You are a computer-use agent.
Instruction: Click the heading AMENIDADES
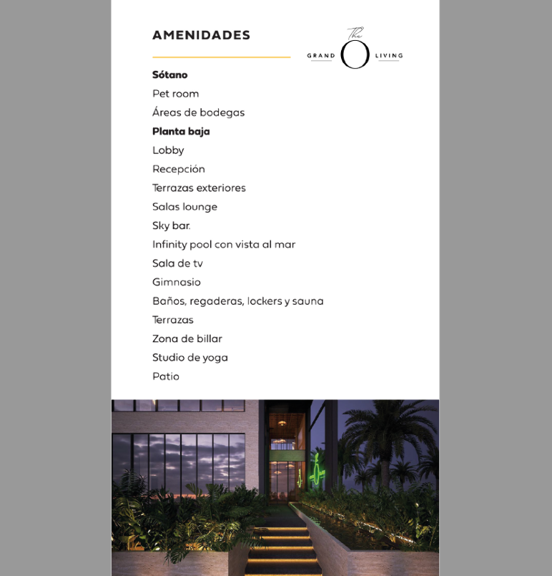click(x=201, y=35)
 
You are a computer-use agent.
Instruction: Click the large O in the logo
click(x=355, y=54)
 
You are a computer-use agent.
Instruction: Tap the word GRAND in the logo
click(x=321, y=56)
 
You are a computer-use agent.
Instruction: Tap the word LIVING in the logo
click(x=389, y=56)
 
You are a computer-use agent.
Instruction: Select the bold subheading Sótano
click(x=169, y=74)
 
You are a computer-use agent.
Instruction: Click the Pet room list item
click(x=175, y=94)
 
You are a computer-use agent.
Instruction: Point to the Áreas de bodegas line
click(x=198, y=112)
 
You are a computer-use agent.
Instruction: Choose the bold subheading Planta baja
click(x=181, y=132)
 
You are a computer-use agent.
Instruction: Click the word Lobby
click(x=168, y=150)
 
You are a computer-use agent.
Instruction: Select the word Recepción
click(x=179, y=169)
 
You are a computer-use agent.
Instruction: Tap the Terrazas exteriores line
click(x=199, y=188)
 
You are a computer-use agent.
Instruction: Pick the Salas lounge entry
click(x=184, y=207)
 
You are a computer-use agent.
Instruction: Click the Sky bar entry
click(x=171, y=225)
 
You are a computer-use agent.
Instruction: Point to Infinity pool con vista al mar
click(x=224, y=245)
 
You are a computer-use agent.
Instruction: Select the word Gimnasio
click(x=177, y=282)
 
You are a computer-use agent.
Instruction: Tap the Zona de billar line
click(x=187, y=338)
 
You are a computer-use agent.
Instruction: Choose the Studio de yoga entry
click(x=190, y=358)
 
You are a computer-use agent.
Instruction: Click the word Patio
click(x=166, y=376)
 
